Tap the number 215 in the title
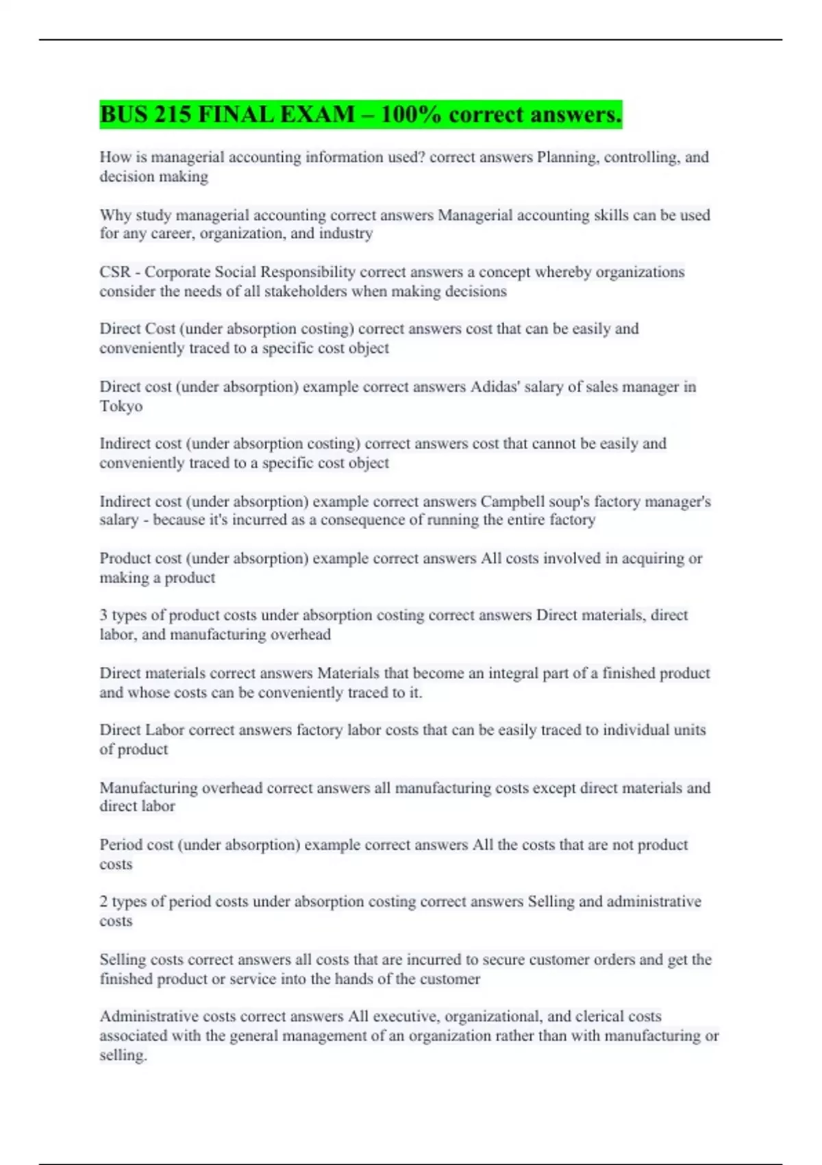point(173,114)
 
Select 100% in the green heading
point(412,114)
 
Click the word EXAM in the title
point(321,114)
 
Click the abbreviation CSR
point(114,272)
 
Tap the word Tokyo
point(121,406)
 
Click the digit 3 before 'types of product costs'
point(103,615)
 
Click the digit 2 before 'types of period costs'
point(103,902)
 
